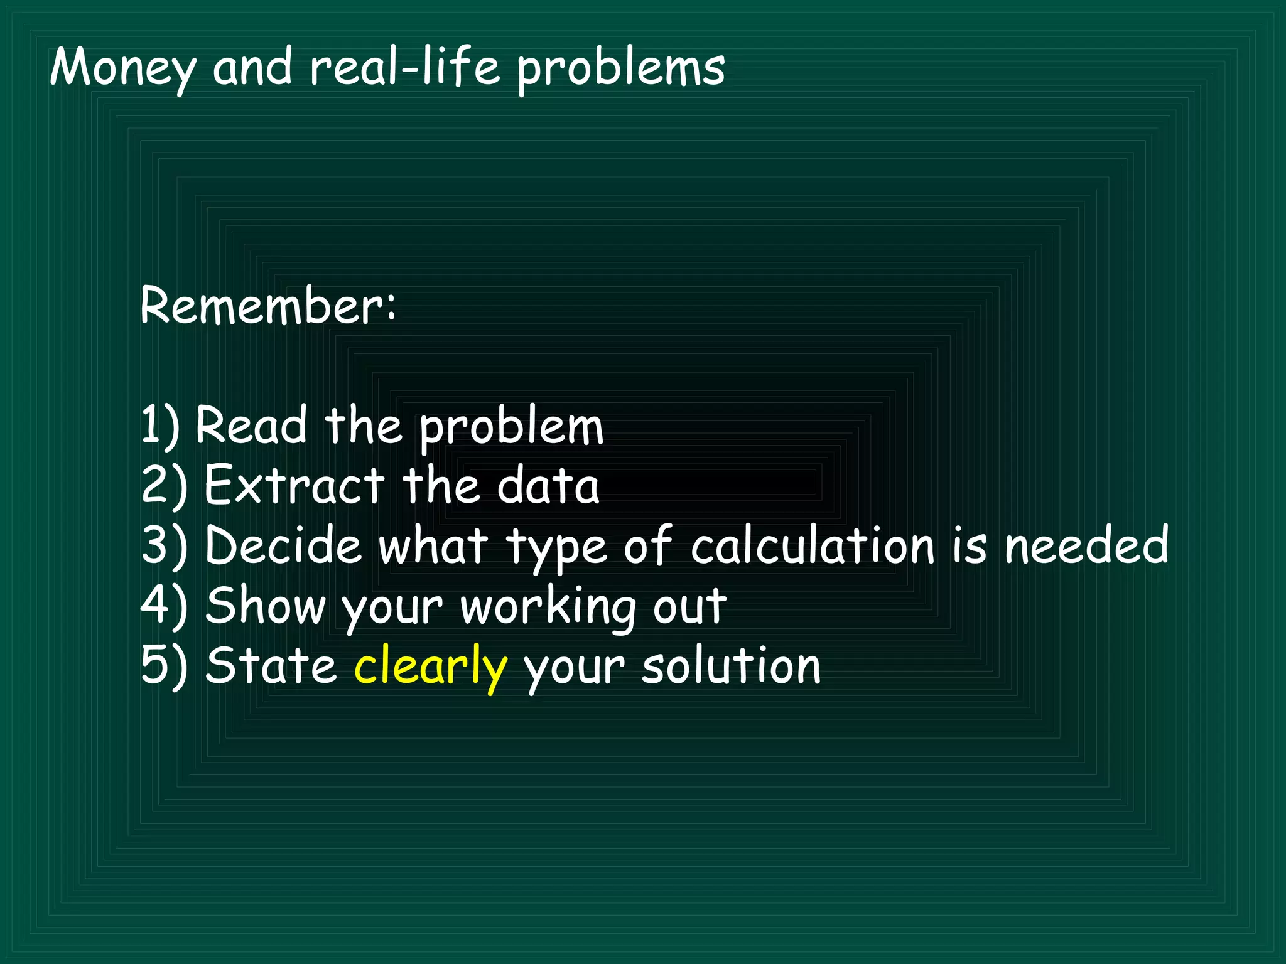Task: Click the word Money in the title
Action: click(122, 68)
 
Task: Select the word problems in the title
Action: click(621, 69)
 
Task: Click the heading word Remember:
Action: click(268, 306)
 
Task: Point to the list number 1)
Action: click(160, 426)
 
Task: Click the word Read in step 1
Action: click(251, 426)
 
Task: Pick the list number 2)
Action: click(164, 485)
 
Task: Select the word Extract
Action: click(294, 485)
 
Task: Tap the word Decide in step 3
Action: click(283, 545)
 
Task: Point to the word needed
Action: click(1086, 545)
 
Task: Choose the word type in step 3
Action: click(556, 548)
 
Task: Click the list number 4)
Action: click(164, 605)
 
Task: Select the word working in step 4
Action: click(548, 608)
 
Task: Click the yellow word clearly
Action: click(430, 667)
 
